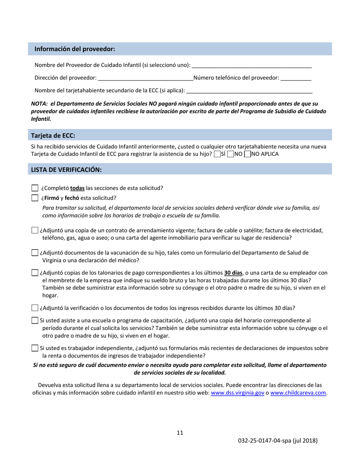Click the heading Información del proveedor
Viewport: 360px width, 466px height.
coord(75,49)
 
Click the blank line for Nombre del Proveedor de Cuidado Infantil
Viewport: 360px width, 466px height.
coord(251,66)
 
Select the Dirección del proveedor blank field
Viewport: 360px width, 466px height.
coord(145,78)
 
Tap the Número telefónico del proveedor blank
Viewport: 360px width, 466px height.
coord(296,78)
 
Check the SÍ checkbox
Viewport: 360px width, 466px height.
coord(217,155)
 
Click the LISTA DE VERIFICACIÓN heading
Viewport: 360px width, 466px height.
coord(66,170)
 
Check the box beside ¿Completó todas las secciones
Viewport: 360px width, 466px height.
coord(35,188)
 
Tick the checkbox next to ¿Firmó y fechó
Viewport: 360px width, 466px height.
coord(35,198)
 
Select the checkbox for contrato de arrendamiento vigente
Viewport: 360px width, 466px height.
coord(35,230)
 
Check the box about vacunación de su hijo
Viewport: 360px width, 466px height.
coord(35,253)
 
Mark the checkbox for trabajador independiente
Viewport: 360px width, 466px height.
coord(35,348)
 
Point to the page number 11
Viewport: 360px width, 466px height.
coord(180,433)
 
